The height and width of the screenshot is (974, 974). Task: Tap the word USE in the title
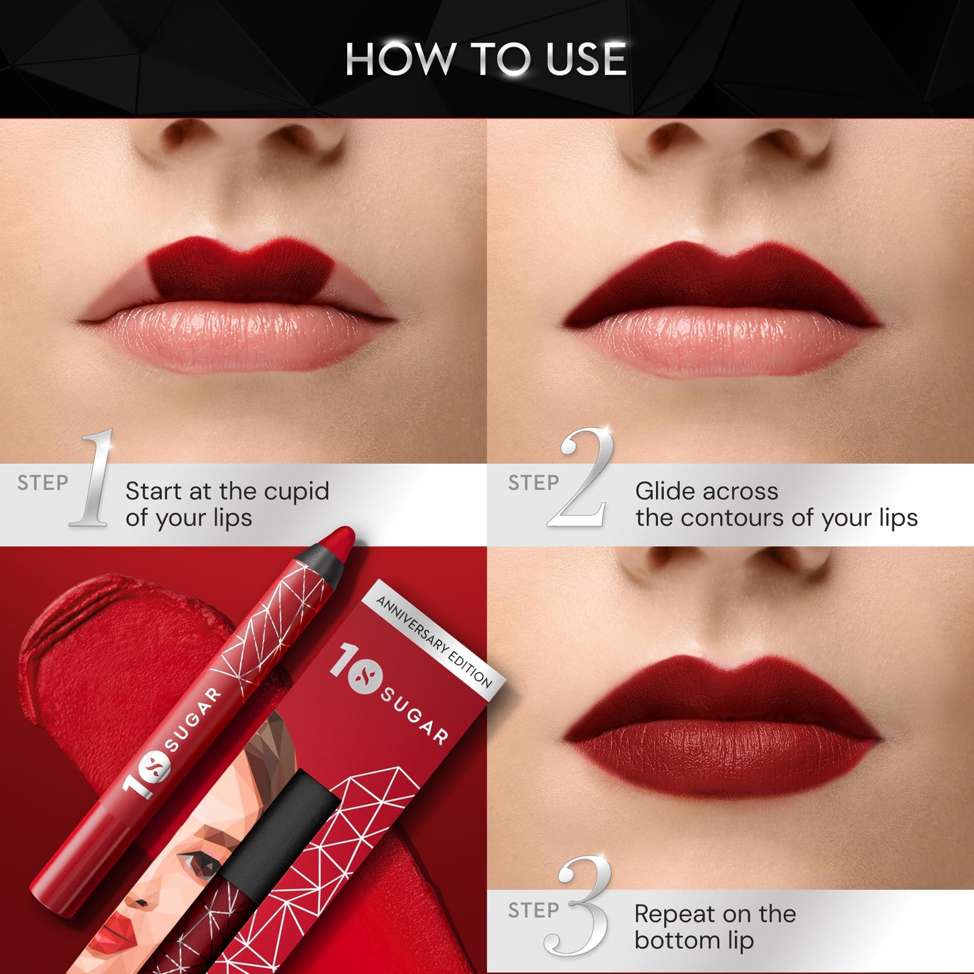tap(586, 59)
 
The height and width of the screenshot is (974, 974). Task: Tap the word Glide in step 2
tap(667, 491)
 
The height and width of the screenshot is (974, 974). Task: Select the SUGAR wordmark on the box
tap(414, 714)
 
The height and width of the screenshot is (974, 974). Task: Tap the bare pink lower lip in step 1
tap(236, 337)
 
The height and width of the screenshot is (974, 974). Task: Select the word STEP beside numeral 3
tap(533, 911)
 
